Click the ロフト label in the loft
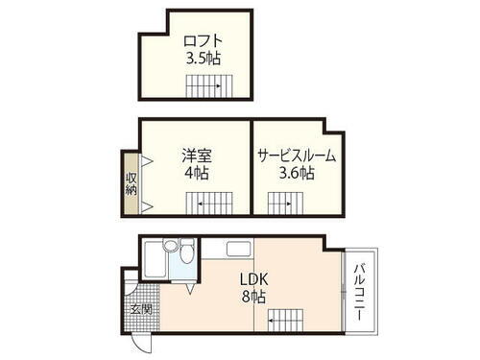pos(204,41)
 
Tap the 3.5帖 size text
pos(204,58)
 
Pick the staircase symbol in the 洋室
pos(209,204)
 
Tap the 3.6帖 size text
pos(296,174)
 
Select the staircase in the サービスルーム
pos(280,204)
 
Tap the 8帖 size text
pos(253,297)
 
